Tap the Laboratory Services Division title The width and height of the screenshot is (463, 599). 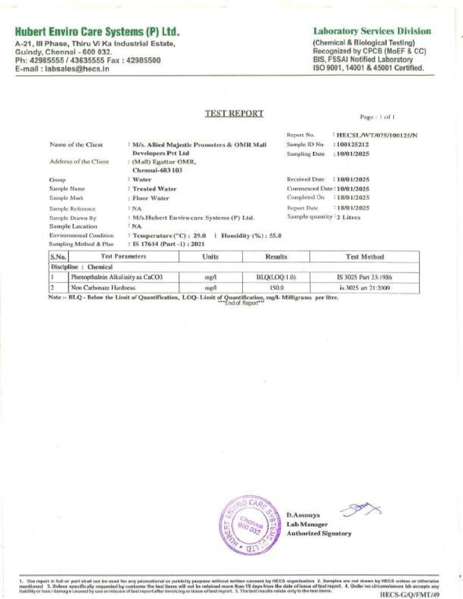pos(372,31)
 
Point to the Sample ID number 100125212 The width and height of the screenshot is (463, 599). pos(352,144)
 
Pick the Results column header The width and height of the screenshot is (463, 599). pos(276,256)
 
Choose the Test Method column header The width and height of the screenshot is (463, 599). pos(365,256)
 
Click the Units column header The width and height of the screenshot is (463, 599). pos(210,256)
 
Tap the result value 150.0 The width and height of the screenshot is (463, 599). pos(276,288)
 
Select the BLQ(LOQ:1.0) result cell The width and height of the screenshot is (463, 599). pos(276,277)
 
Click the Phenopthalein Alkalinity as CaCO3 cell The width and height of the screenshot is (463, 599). pos(117,277)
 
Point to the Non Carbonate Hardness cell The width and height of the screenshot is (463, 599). pos(104,288)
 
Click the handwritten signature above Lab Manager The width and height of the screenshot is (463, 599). pos(359,510)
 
